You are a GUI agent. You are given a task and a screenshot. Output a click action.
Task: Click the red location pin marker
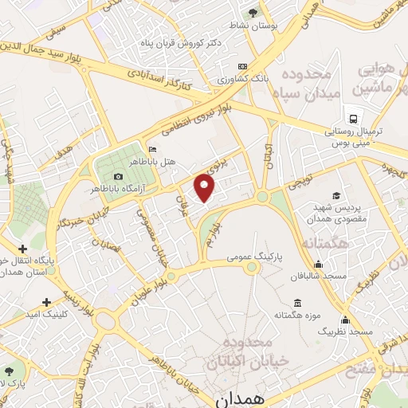tap(206, 189)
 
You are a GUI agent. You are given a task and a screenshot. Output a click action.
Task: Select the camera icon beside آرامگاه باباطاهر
tap(119, 176)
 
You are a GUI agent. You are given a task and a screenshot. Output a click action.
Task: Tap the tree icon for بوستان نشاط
tap(253, 13)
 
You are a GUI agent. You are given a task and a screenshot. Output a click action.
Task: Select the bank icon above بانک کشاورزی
tap(243, 66)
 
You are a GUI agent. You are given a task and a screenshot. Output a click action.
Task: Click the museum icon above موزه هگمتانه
tap(298, 303)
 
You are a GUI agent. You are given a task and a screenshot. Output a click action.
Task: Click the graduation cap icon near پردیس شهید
tap(336, 195)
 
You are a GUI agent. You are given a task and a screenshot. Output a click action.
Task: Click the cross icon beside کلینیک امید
tap(46, 301)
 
